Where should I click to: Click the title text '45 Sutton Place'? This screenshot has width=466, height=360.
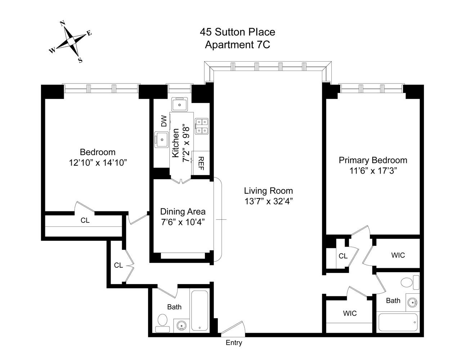point(237,32)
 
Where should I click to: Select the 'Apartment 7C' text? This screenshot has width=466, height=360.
point(237,45)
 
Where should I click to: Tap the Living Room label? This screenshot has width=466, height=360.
point(268,191)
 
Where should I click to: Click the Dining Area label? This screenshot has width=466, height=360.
point(183,212)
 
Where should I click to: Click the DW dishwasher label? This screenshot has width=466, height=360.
point(164,121)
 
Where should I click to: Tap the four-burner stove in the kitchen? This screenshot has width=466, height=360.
point(202,126)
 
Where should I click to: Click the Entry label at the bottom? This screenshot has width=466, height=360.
point(234,343)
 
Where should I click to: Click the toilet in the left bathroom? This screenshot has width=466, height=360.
point(162,323)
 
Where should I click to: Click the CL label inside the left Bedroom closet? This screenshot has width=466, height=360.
point(85,220)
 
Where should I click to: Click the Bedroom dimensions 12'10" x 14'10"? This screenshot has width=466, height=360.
point(98,163)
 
